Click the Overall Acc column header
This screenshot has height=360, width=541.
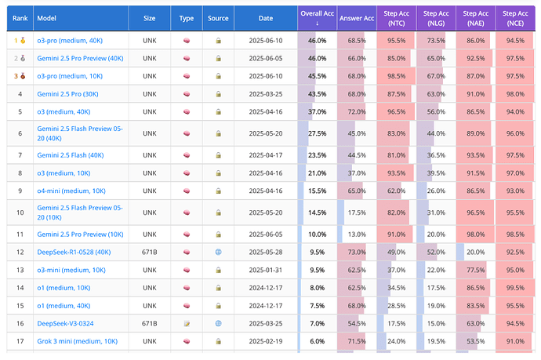pyautogui.click(x=317, y=17)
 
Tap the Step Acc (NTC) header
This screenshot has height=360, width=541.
pyautogui.click(x=396, y=17)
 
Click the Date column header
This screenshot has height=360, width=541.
pyautogui.click(x=266, y=18)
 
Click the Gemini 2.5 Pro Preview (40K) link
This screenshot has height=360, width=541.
pyautogui.click(x=80, y=58)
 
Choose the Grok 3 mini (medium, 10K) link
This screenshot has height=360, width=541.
pyautogui.click(x=77, y=341)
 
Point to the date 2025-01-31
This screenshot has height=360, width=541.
pyautogui.click(x=266, y=270)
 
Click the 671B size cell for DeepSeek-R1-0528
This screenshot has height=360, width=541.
pyautogui.click(x=149, y=252)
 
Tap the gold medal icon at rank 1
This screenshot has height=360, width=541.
pyautogui.click(x=21, y=40)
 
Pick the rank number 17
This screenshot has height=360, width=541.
pyautogui.click(x=20, y=341)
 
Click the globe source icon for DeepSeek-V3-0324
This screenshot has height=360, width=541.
pyautogui.click(x=218, y=323)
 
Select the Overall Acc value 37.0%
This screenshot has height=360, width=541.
pyautogui.click(x=317, y=112)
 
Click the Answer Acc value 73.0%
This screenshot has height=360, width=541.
pyautogui.click(x=357, y=252)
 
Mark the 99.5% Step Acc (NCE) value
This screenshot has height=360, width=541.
pyautogui.click(x=515, y=288)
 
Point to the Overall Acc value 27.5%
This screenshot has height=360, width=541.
pyautogui.click(x=317, y=133)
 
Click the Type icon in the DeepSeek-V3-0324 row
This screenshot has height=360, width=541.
pyautogui.click(x=187, y=323)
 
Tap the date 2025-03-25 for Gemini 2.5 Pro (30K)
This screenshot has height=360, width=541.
pyautogui.click(x=266, y=94)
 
